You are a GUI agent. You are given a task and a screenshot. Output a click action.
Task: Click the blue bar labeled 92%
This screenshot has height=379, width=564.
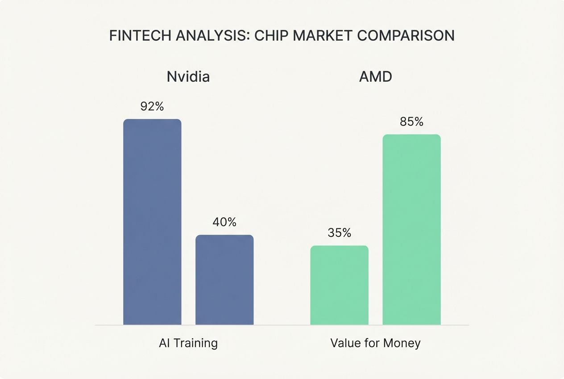pos(152,222)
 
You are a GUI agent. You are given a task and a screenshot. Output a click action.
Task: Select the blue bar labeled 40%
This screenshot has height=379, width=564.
pos(224,280)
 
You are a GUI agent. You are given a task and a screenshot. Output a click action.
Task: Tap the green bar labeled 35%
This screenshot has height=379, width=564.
pos(339,285)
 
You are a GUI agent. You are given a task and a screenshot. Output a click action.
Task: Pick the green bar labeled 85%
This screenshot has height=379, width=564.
pos(411,229)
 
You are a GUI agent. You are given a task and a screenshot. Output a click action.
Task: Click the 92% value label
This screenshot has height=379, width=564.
pos(152,106)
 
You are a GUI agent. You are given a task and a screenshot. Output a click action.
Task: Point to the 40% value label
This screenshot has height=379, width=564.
pos(224,222)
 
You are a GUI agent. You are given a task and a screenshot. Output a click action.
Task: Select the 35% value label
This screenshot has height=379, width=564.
pos(339,233)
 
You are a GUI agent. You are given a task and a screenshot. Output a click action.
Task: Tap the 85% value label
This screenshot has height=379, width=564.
pos(411,122)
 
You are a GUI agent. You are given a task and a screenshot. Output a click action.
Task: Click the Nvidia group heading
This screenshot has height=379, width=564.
pos(188,77)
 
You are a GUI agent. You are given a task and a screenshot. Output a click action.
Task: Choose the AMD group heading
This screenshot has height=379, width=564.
pos(375,77)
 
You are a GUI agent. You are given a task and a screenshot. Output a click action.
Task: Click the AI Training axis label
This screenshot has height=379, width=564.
pos(188,343)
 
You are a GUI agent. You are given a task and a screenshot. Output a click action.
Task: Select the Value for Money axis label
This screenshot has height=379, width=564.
pos(375,343)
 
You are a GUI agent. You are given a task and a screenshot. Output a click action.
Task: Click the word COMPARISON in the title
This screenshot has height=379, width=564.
pos(405,36)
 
